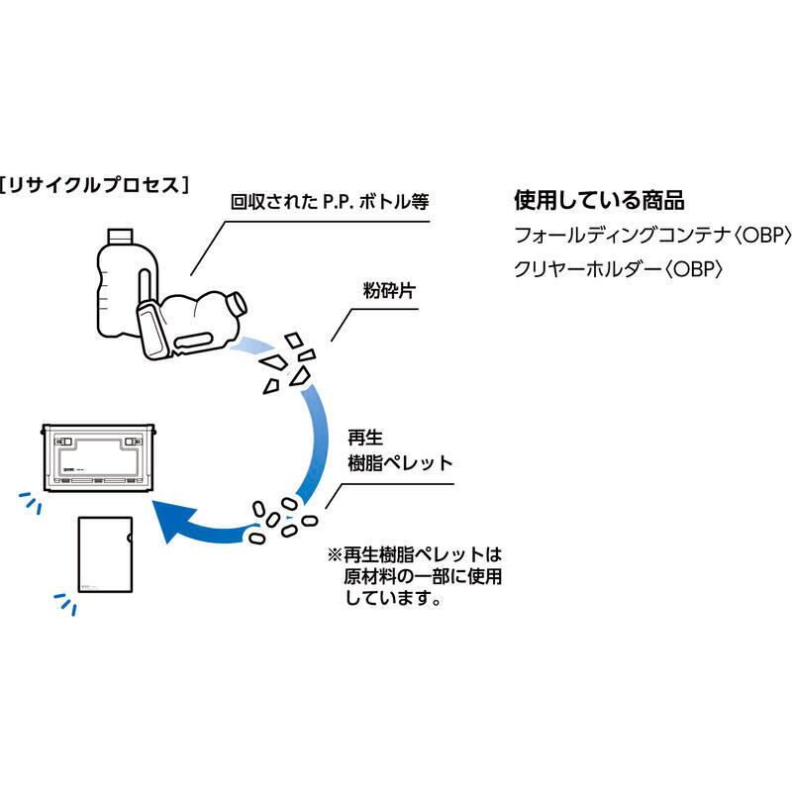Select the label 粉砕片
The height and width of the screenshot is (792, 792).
tap(387, 291)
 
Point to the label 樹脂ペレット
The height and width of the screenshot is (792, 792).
tap(399, 462)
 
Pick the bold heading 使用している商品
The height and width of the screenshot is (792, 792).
tap(599, 200)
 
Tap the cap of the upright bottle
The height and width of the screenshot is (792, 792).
tap(119, 237)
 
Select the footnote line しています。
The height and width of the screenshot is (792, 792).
tap(393, 598)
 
